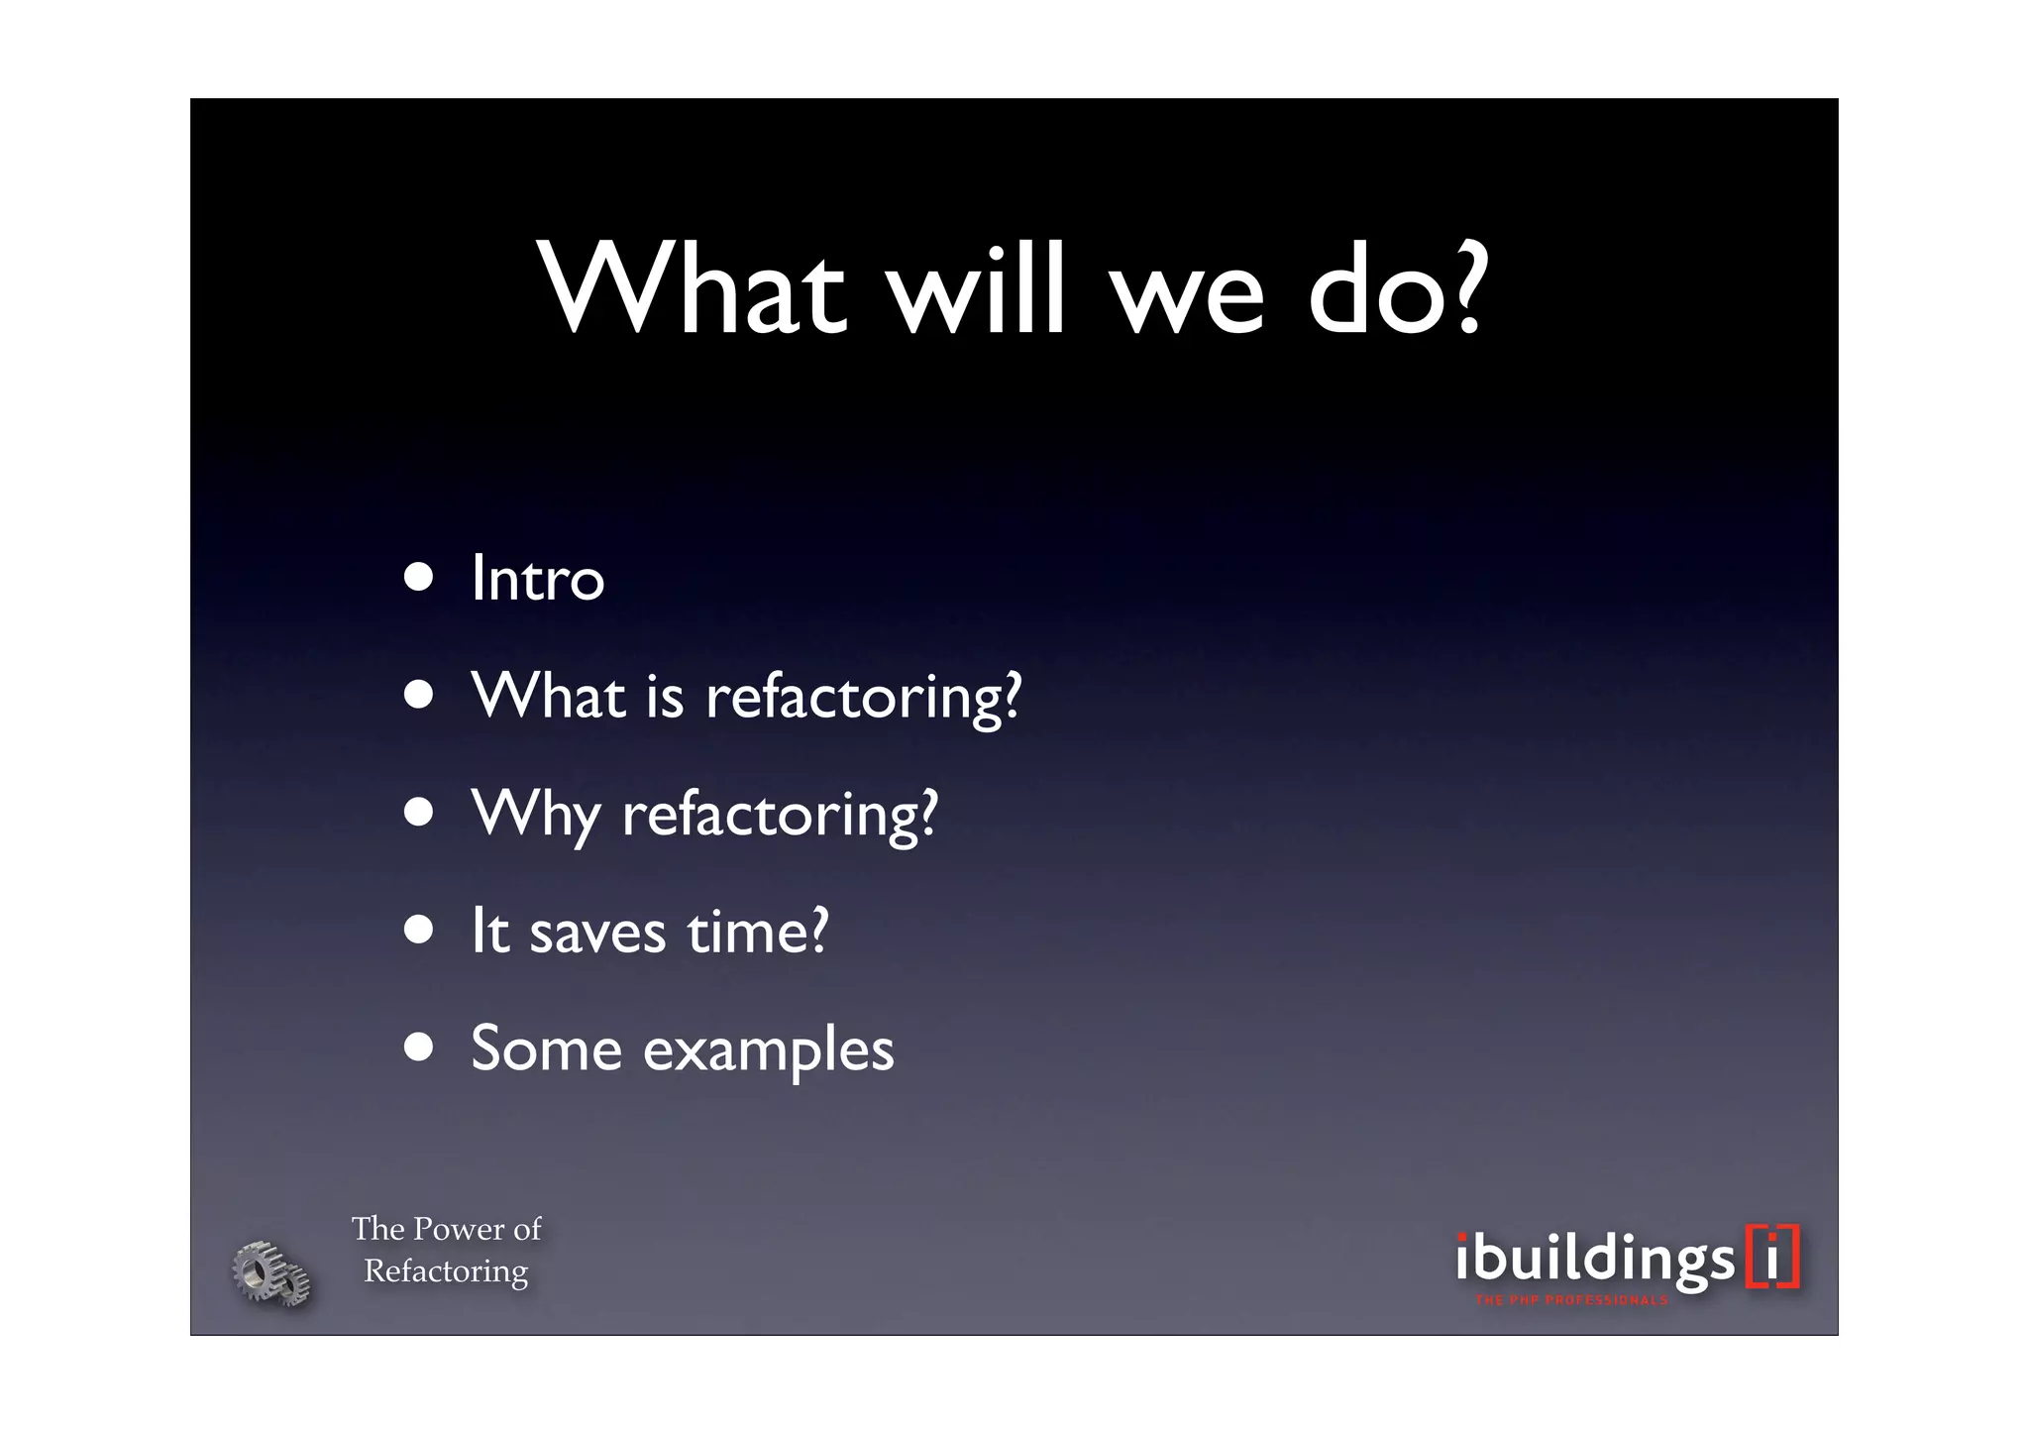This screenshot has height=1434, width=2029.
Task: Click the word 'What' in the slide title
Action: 693,290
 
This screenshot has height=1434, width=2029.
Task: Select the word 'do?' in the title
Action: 1397,290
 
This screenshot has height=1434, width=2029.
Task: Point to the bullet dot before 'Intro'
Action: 419,578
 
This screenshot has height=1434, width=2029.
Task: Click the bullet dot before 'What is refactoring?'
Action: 419,695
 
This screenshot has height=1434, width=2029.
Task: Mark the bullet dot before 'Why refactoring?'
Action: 419,813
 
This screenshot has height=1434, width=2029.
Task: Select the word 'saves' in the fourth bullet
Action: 597,933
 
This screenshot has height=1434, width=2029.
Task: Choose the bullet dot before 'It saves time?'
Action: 419,930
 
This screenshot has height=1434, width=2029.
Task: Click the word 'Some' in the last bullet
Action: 546,1048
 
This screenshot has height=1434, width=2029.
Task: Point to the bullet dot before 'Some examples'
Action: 419,1048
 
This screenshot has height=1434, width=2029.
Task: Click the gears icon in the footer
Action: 270,1273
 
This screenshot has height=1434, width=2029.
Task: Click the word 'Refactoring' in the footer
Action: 446,1270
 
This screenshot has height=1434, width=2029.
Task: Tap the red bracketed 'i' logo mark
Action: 1772,1258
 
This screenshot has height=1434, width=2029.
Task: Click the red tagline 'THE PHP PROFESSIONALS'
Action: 1571,1300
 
